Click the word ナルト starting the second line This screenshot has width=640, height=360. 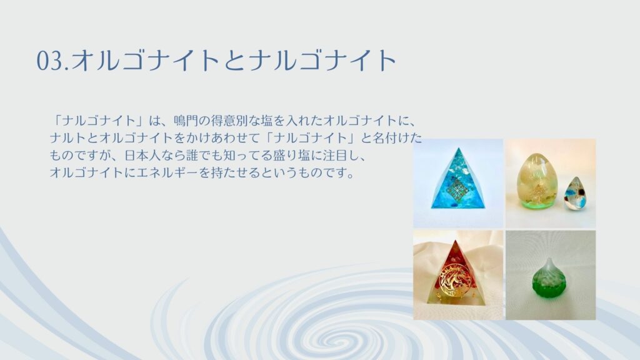click(x=68, y=138)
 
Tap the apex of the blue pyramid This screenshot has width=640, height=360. click(x=459, y=148)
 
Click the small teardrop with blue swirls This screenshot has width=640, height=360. click(x=575, y=194)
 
